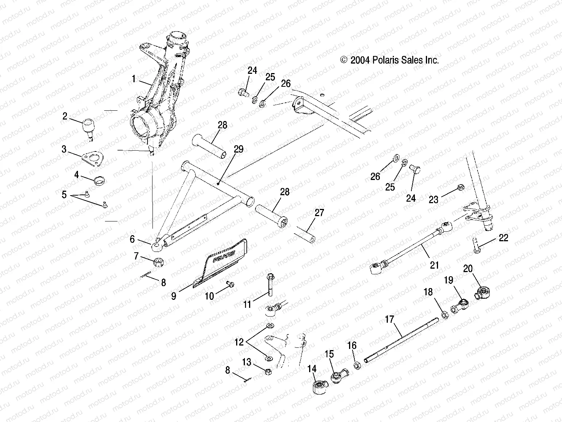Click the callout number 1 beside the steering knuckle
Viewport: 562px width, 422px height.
pyautogui.click(x=133, y=79)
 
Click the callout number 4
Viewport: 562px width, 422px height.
pyautogui.click(x=76, y=175)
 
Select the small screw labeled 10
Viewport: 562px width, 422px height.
pyautogui.click(x=230, y=284)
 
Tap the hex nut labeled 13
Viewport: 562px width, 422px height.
pyautogui.click(x=267, y=372)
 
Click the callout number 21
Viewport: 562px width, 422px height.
pyautogui.click(x=434, y=265)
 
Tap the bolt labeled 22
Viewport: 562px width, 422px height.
pyautogui.click(x=476, y=245)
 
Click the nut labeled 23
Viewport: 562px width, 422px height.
pyautogui.click(x=460, y=187)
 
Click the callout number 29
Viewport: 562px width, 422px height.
pyautogui.click(x=238, y=149)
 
